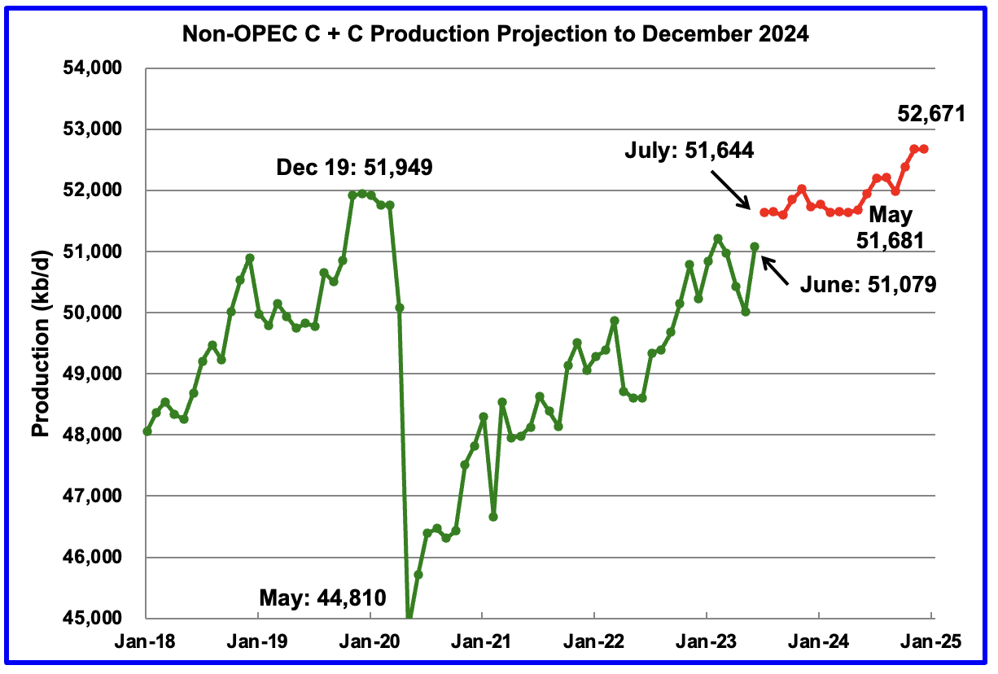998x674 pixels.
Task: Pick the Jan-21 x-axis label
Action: [x=482, y=641]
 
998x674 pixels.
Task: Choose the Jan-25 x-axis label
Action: [x=930, y=641]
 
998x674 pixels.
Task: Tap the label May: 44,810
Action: [x=330, y=600]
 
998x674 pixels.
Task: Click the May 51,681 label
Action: [x=891, y=228]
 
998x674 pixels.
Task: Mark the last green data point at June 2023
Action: [x=755, y=246]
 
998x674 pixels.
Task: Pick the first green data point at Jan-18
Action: [x=147, y=431]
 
